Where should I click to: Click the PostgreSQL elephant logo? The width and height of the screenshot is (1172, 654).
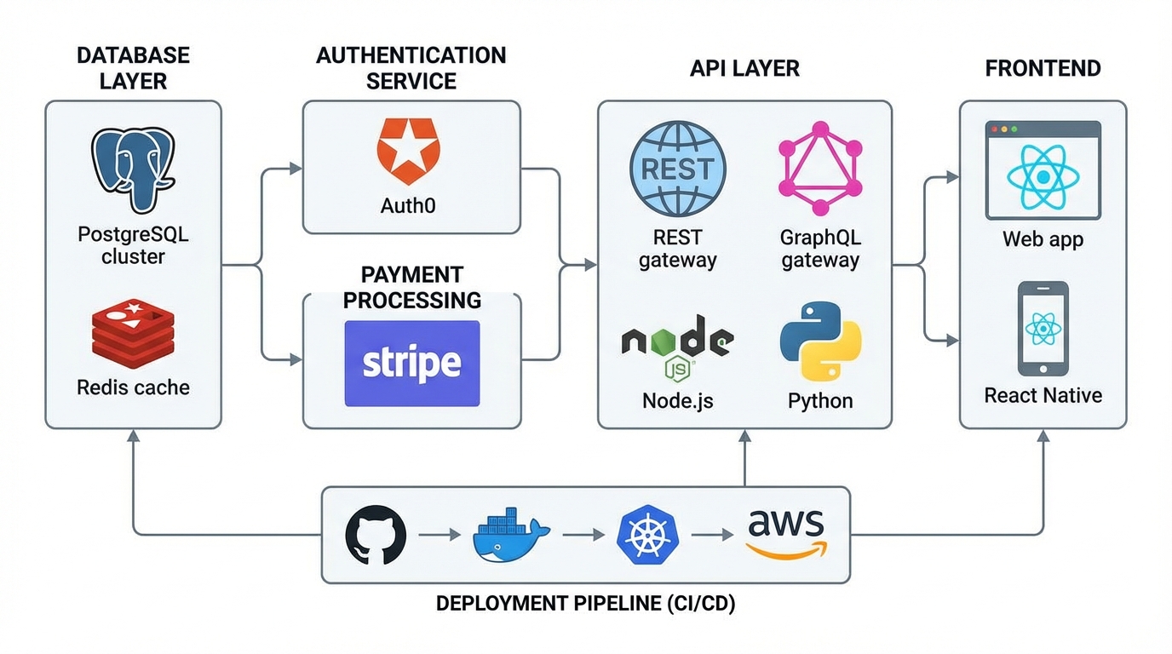click(133, 170)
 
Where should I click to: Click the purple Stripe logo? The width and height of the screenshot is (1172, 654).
click(411, 364)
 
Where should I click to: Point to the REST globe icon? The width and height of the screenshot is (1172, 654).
click(678, 168)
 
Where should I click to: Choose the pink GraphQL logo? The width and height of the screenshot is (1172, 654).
click(820, 168)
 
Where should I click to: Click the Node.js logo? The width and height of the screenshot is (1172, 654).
click(678, 348)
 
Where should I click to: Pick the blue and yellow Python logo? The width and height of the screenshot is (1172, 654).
click(820, 348)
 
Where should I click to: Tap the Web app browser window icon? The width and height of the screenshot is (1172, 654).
click(1043, 171)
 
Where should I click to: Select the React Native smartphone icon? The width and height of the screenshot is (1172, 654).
click(1043, 329)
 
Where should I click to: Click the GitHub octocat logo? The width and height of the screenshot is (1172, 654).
click(376, 536)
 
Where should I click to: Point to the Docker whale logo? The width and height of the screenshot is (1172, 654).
click(510, 536)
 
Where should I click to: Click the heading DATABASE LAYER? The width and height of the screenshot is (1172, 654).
click(133, 68)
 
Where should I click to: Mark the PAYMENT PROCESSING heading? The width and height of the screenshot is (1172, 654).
click(411, 288)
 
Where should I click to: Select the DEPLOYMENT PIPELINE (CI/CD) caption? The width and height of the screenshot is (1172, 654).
click(585, 604)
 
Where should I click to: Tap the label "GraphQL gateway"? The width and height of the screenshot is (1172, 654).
click(820, 249)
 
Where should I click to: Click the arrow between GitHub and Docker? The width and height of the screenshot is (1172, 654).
click(439, 536)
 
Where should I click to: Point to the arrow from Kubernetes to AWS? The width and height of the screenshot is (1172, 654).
click(712, 536)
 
